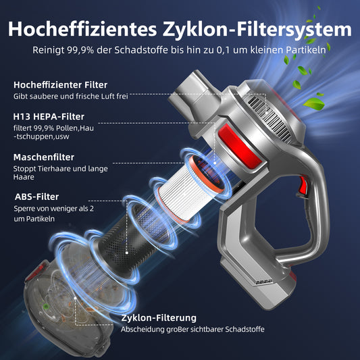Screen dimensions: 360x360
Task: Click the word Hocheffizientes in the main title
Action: click(82, 29)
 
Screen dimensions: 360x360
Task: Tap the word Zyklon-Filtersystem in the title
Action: click(257, 30)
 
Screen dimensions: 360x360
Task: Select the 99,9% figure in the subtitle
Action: click(80, 50)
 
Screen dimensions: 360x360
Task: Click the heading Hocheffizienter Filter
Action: click(60, 85)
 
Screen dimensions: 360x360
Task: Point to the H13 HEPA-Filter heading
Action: click(49, 117)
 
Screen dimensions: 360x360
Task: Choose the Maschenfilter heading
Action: click(44, 157)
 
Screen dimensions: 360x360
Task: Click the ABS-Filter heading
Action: click(36, 197)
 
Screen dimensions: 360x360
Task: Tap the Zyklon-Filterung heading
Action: click(159, 318)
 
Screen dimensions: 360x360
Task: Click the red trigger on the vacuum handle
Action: click(303, 185)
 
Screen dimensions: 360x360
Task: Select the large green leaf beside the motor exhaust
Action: click(313, 104)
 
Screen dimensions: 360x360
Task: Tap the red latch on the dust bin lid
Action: click(36, 272)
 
